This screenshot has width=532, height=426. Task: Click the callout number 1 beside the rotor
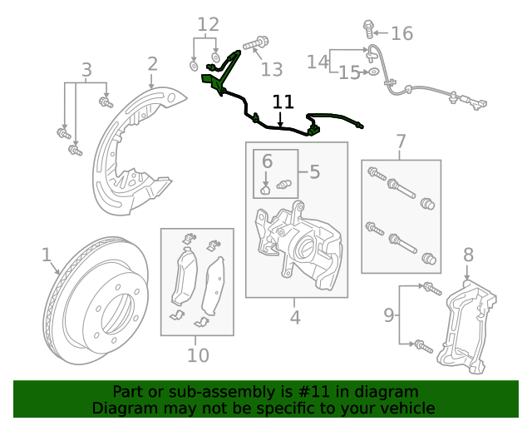[47, 254]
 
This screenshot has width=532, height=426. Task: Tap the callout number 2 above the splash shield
[152, 63]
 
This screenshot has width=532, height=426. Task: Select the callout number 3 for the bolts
[86, 70]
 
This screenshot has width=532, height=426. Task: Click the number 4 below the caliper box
[295, 317]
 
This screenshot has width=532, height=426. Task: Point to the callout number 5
[314, 172]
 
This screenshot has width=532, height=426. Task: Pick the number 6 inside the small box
[267, 160]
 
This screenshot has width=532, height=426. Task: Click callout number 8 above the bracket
[468, 255]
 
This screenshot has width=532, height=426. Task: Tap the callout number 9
[389, 315]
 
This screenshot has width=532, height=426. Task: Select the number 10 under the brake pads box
[198, 356]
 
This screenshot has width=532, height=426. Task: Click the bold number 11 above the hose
[283, 102]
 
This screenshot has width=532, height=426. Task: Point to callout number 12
[208, 25]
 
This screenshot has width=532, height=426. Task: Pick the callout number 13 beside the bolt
[272, 69]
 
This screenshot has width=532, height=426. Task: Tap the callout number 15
[349, 72]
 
